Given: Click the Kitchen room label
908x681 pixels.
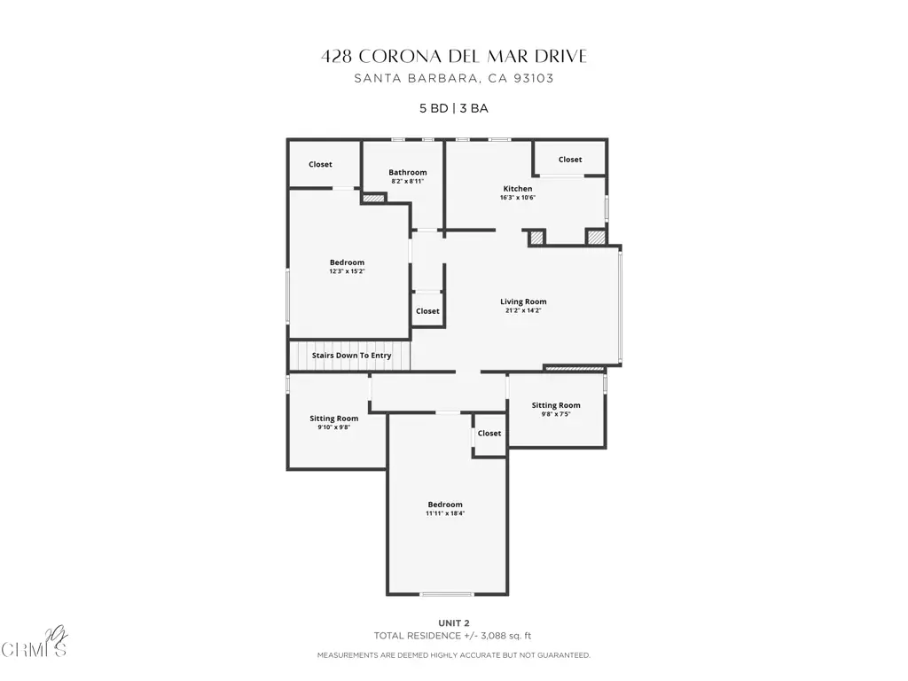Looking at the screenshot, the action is click(518, 189).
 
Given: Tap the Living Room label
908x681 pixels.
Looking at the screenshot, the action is click(523, 301).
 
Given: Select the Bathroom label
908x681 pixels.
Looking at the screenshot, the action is click(408, 173).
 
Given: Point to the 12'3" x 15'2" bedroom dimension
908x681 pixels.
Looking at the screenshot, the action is click(347, 271).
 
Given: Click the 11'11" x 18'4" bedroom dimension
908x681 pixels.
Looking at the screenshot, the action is click(445, 513).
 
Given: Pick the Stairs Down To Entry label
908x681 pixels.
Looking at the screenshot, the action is click(351, 356).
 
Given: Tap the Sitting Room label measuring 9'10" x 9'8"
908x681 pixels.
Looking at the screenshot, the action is click(334, 419).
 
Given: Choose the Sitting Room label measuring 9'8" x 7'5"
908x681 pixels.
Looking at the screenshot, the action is click(556, 405).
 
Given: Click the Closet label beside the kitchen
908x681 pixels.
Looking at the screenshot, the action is click(570, 160).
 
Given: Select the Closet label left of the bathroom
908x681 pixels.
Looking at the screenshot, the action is click(320, 164).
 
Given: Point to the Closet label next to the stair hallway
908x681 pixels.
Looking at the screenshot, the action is click(428, 311).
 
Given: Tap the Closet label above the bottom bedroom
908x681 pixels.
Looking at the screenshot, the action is click(489, 434).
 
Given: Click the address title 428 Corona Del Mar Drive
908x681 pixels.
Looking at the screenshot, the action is click(454, 56).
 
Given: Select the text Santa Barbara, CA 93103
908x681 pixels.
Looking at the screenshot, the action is click(454, 78).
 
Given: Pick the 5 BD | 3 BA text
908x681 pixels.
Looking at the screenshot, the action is click(454, 108).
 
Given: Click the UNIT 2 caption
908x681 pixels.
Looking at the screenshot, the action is click(454, 623).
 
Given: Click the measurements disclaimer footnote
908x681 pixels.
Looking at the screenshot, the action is click(454, 655).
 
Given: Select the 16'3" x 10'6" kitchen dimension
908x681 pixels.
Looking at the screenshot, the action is click(518, 198).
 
